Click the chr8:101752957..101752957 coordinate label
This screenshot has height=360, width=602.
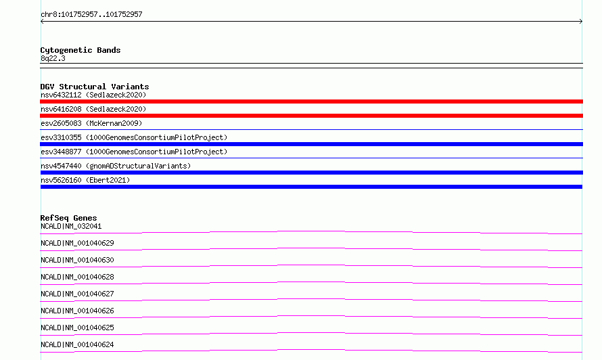(x=91, y=15)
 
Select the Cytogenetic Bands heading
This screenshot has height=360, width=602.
(x=80, y=50)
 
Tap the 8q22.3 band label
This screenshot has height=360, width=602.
(x=53, y=58)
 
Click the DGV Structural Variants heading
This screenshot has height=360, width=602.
(x=95, y=87)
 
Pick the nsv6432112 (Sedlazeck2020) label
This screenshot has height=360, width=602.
(x=93, y=95)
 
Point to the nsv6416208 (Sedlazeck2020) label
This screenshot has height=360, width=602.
(x=93, y=109)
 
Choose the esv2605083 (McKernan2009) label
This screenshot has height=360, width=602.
(x=91, y=123)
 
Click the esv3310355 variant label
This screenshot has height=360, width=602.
(x=134, y=137)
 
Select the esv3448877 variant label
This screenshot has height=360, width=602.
(x=134, y=152)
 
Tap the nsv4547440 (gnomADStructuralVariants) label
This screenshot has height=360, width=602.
(x=116, y=166)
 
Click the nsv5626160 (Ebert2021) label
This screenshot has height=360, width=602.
(x=85, y=180)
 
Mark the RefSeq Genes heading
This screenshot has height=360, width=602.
(x=68, y=218)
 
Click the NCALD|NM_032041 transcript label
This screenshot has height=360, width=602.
(x=71, y=226)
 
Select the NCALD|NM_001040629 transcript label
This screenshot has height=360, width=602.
(x=77, y=243)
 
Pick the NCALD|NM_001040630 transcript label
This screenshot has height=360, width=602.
(x=77, y=260)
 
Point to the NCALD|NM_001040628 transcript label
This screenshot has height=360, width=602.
(x=77, y=277)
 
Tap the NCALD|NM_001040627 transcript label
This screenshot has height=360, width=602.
(x=77, y=294)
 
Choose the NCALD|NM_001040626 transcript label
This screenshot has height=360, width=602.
(x=77, y=311)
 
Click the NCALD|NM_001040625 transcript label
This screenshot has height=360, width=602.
(x=77, y=328)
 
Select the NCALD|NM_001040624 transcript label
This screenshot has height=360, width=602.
(x=77, y=344)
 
